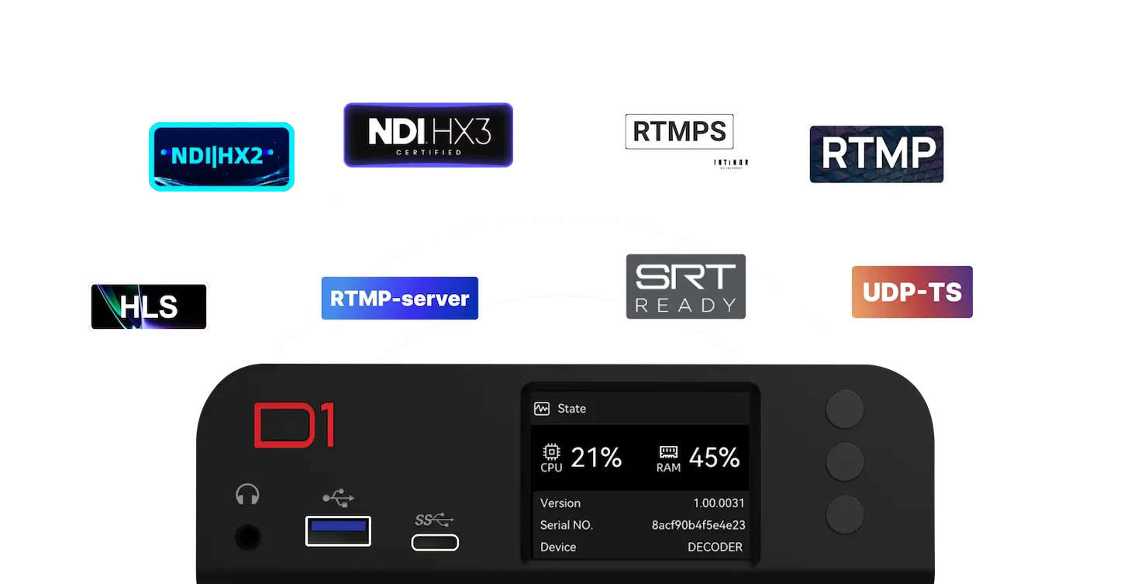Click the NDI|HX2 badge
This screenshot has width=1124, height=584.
pos(220,156)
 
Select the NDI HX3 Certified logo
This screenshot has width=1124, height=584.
pos(428,135)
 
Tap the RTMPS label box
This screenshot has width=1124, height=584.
pos(679,132)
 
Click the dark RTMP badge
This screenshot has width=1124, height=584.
pos(877,154)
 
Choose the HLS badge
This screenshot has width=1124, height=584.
pos(149,307)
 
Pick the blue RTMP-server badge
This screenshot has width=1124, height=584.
pos(399,299)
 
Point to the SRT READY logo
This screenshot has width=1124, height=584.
pos(685,286)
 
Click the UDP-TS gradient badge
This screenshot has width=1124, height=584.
pos(912,292)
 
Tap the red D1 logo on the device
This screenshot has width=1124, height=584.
pos(294,425)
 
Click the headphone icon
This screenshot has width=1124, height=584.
pos(247,495)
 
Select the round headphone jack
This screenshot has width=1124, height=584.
pos(247,537)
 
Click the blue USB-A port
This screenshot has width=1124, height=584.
pos(338,530)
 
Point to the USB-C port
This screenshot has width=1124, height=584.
pos(435,542)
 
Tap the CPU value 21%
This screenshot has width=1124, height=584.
pos(596,458)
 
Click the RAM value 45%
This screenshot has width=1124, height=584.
pos(714,458)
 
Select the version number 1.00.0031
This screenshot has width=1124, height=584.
pos(719,503)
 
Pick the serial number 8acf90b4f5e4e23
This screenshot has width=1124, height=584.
pos(698,525)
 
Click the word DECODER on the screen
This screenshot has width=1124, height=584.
pos(715,547)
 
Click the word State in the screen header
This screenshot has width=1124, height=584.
pos(571,409)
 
